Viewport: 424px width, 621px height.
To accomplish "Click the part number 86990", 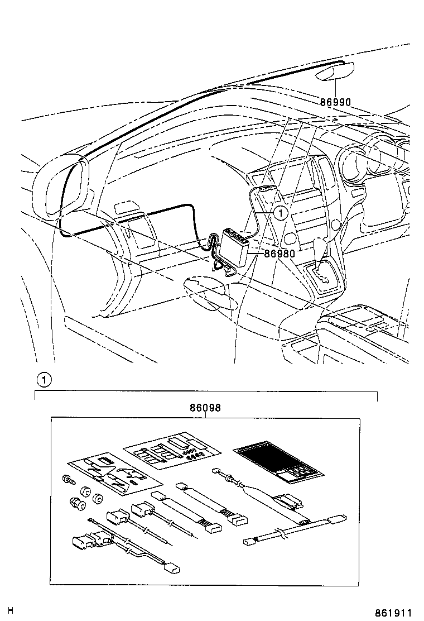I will click(335, 102).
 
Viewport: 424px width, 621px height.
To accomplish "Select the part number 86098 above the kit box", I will click(205, 408).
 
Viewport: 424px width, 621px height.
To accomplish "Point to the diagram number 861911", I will click(398, 613).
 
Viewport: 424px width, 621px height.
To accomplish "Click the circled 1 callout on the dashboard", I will click(281, 212).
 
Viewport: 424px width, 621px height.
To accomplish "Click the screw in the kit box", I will click(66, 479).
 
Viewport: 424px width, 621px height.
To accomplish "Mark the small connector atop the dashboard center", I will click(267, 190).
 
